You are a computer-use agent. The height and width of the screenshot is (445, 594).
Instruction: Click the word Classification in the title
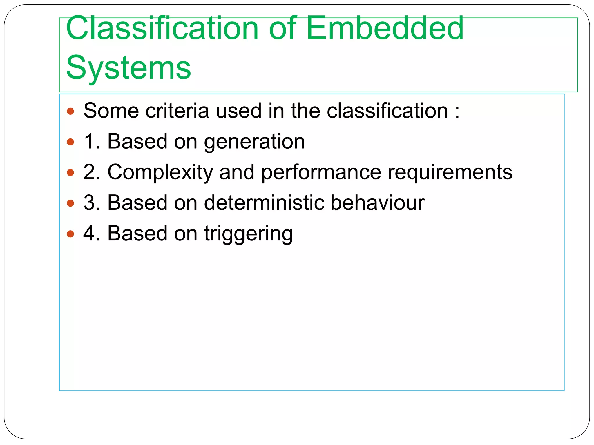tap(162, 28)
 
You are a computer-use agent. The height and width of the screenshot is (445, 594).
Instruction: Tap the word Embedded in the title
tap(385, 28)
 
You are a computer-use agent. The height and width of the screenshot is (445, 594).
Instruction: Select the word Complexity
tap(160, 173)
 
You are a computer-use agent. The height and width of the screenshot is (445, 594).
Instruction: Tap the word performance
tap(321, 173)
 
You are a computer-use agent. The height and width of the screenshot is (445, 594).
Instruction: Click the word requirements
tap(450, 173)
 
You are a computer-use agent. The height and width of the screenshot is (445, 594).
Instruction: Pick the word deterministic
tap(264, 203)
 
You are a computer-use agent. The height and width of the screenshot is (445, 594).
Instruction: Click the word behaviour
tap(377, 203)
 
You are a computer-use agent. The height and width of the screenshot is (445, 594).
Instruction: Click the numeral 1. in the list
tap(92, 142)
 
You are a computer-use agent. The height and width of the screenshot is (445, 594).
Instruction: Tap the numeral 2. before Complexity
tap(92, 172)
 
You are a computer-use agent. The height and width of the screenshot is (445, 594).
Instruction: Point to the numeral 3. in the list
tap(92, 203)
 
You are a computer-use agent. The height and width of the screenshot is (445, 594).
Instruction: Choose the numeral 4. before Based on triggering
tap(92, 234)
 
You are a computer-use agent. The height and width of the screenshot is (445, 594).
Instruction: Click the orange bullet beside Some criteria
tap(70, 111)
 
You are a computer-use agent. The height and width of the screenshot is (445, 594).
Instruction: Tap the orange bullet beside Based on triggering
tap(70, 234)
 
